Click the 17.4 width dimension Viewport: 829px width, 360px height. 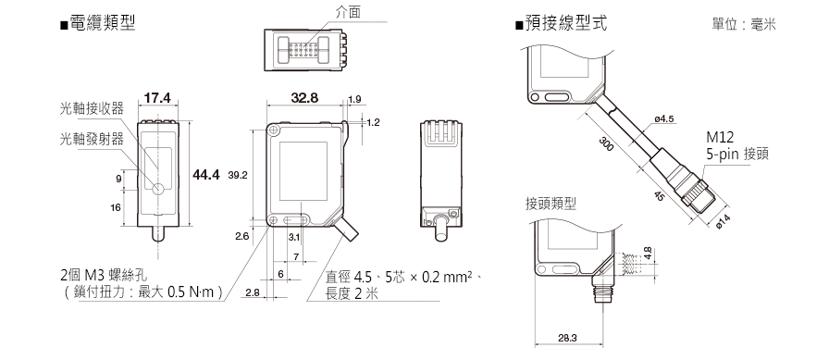[x=157, y=98]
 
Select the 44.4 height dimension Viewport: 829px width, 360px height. [x=206, y=175]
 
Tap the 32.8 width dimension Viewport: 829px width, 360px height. [x=304, y=98]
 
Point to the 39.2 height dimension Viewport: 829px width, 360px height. [x=238, y=175]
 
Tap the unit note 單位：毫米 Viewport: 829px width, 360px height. [x=744, y=24]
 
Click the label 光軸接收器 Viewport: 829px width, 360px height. [x=92, y=108]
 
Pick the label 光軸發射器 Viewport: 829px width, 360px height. [x=92, y=139]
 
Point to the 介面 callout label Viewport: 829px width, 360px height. [x=349, y=12]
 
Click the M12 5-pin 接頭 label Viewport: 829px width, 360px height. [x=737, y=146]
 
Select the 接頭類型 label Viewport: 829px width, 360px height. [x=551, y=204]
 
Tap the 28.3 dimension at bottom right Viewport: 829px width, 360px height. [x=567, y=338]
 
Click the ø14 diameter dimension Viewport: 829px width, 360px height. [x=723, y=222]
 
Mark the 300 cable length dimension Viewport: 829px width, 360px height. [x=606, y=143]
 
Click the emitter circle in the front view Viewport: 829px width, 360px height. [x=158, y=189]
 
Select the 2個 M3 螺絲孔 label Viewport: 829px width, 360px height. [x=105, y=275]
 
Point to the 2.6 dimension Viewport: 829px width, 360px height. [x=242, y=236]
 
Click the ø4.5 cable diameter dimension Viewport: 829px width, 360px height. [x=664, y=119]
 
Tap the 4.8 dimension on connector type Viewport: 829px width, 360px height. [x=648, y=254]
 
